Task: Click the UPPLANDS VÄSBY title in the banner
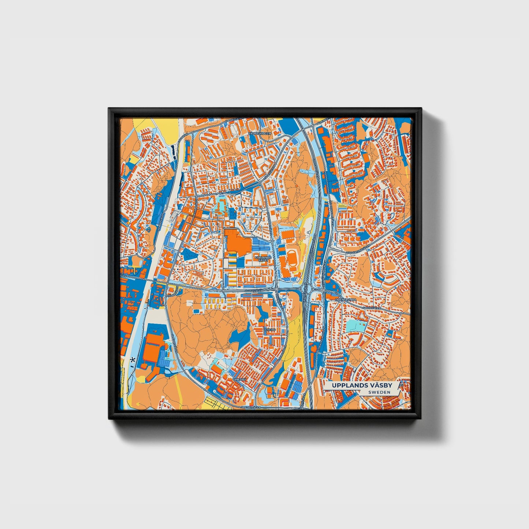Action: click(362, 385)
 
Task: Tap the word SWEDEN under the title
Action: click(379, 392)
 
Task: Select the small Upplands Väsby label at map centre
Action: click(263, 259)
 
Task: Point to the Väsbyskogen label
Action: click(260, 134)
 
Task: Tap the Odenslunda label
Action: click(346, 300)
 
